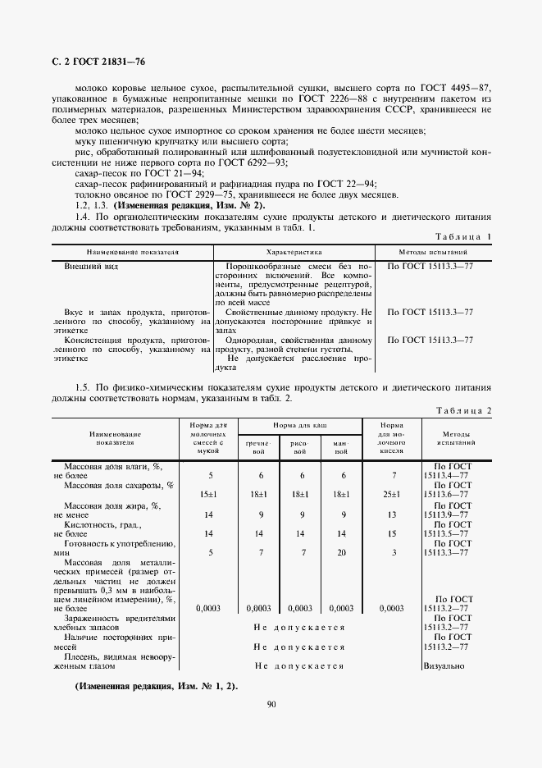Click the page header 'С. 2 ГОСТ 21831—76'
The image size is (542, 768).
point(88,62)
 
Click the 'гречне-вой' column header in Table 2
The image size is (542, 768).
point(258,447)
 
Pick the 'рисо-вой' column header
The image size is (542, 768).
point(299,447)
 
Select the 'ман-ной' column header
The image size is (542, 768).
point(341,447)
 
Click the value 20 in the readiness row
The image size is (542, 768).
point(341,552)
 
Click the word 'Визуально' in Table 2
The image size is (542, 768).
point(444,665)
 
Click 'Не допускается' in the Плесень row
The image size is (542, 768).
point(299,665)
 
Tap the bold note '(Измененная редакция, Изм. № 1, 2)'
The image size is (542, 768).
point(156,685)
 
